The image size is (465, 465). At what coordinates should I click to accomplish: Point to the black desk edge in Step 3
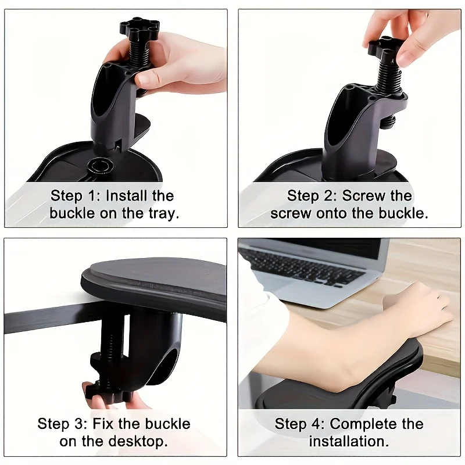[41, 319]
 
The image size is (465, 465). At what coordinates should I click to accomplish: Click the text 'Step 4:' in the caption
[299, 424]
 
